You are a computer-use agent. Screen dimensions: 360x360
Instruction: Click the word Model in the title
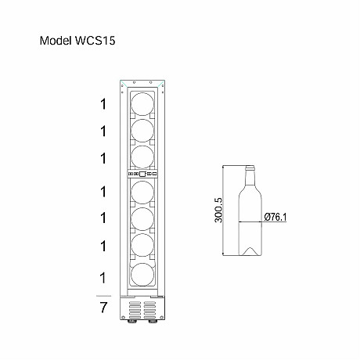[56, 41]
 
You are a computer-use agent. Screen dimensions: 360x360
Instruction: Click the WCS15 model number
[95, 41]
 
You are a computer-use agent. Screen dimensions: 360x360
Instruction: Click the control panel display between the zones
[142, 174]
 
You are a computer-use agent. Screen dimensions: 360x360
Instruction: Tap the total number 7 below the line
[103, 308]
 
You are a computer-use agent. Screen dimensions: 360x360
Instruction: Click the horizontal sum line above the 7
[103, 296]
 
